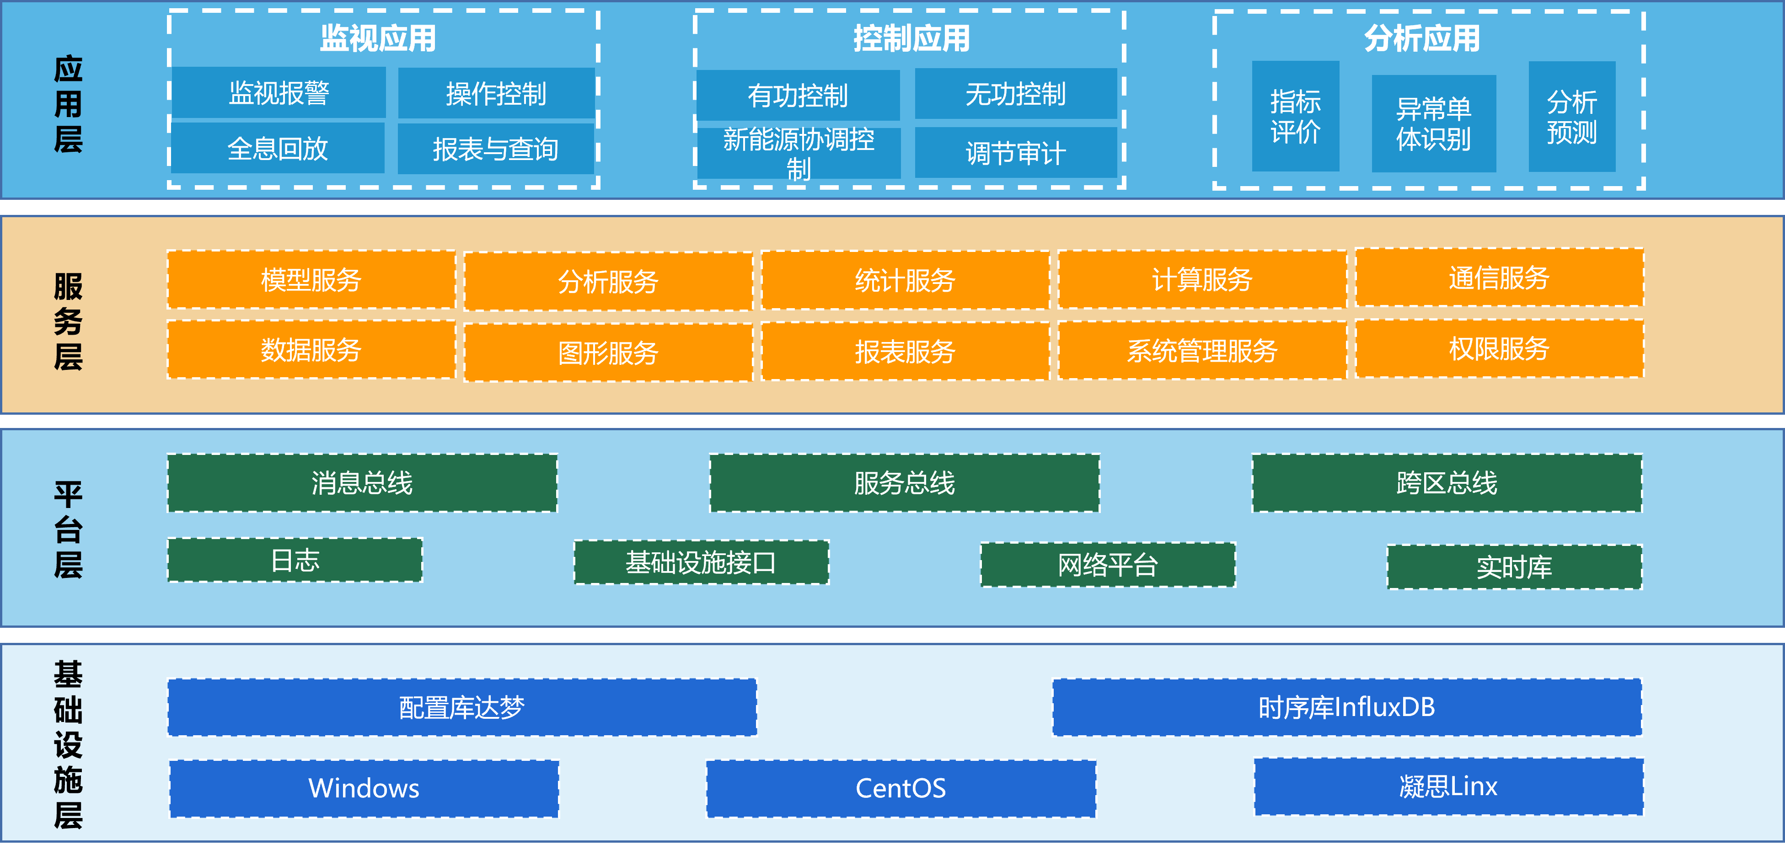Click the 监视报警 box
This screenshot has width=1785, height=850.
(x=279, y=93)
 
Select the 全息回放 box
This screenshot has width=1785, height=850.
(x=278, y=148)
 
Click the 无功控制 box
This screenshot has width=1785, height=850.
(x=1016, y=94)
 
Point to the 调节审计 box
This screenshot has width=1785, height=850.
(x=1016, y=152)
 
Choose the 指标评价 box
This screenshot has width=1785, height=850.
(x=1296, y=117)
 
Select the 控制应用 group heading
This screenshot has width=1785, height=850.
(x=911, y=38)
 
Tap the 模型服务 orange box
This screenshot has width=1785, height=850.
(x=311, y=280)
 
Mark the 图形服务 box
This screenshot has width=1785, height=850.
(x=608, y=353)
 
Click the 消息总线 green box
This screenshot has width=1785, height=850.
(x=362, y=483)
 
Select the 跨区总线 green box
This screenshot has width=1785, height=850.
(x=1447, y=483)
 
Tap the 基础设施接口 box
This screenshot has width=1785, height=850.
(x=701, y=562)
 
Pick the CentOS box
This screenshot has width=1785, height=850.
(x=901, y=788)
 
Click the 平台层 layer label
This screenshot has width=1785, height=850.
(x=69, y=530)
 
